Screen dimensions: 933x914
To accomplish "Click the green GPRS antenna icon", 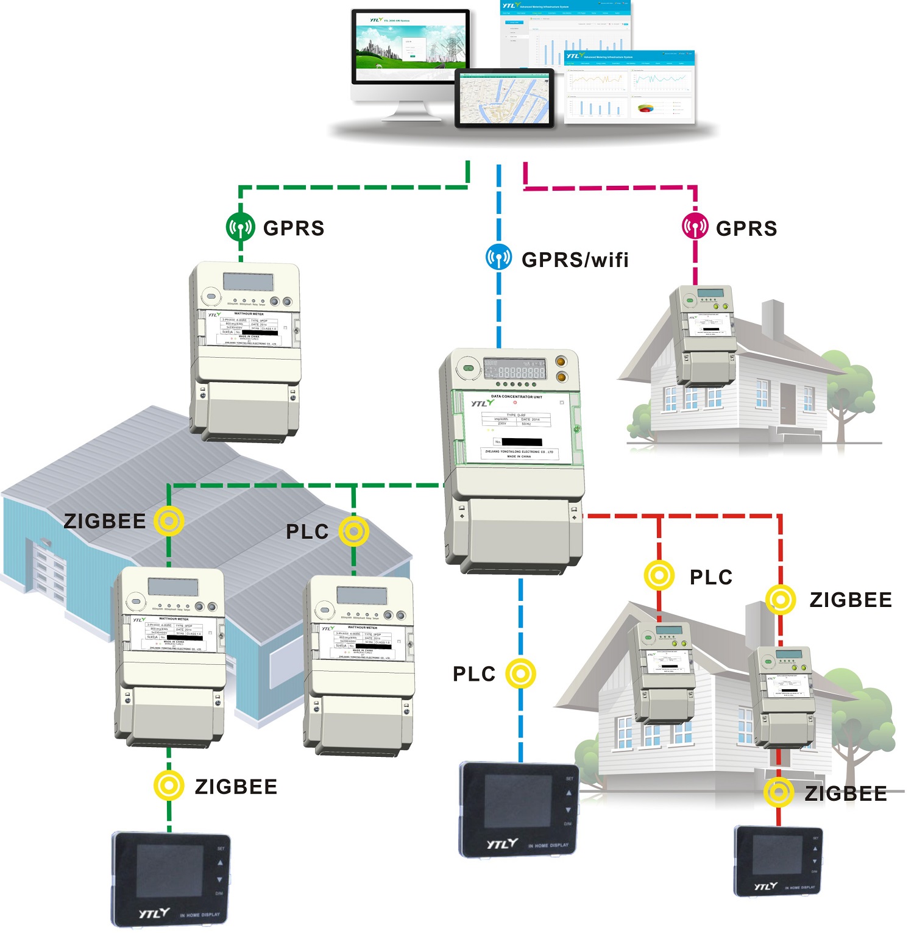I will pos(241,227).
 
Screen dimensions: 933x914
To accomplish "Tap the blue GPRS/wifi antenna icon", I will pos(498,257).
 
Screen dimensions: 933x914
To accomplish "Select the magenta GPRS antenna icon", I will pos(695,227).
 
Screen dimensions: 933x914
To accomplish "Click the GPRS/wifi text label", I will pos(575,260).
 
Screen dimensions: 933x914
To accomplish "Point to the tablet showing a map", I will pos(504,98).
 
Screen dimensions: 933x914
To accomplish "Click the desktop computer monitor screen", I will pos(410,47).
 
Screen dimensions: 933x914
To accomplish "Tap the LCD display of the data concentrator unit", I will pos(515,369).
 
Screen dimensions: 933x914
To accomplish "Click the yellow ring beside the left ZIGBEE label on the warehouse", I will pos(169,521).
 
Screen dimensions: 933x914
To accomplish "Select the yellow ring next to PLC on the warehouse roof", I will pos(353,531).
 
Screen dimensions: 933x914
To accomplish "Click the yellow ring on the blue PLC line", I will pos(520,674).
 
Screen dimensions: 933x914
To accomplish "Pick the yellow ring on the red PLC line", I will pos(659,575).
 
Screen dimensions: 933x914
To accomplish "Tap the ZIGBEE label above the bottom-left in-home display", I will pos(236,787).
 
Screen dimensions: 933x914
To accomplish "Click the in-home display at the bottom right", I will pos(778,860).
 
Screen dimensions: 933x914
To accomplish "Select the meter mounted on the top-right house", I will pos(703,335).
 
